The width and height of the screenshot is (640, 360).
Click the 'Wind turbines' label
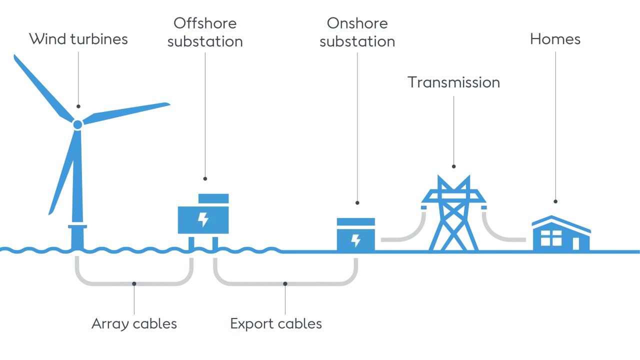point(78,39)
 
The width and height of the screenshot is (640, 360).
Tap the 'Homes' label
point(555,39)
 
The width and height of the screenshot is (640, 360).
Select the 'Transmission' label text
point(453,82)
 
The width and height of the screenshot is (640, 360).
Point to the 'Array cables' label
point(134,324)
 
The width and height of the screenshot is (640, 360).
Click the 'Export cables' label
point(276,324)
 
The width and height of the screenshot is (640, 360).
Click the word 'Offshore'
point(205,23)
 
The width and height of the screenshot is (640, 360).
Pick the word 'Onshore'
point(357,23)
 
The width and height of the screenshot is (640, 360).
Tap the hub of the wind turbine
point(77,124)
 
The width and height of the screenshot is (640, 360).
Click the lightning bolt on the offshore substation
point(203,219)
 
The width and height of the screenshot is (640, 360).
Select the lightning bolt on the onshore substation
point(355,240)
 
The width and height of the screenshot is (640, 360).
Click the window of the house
point(551,238)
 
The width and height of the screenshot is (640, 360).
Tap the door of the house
point(576,243)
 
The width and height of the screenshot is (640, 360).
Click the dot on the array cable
point(134,283)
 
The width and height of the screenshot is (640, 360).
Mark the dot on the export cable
point(285,283)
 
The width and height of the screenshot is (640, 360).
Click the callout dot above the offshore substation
point(205,179)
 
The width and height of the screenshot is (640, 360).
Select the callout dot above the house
point(555,201)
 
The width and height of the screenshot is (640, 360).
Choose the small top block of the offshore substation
point(213,198)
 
